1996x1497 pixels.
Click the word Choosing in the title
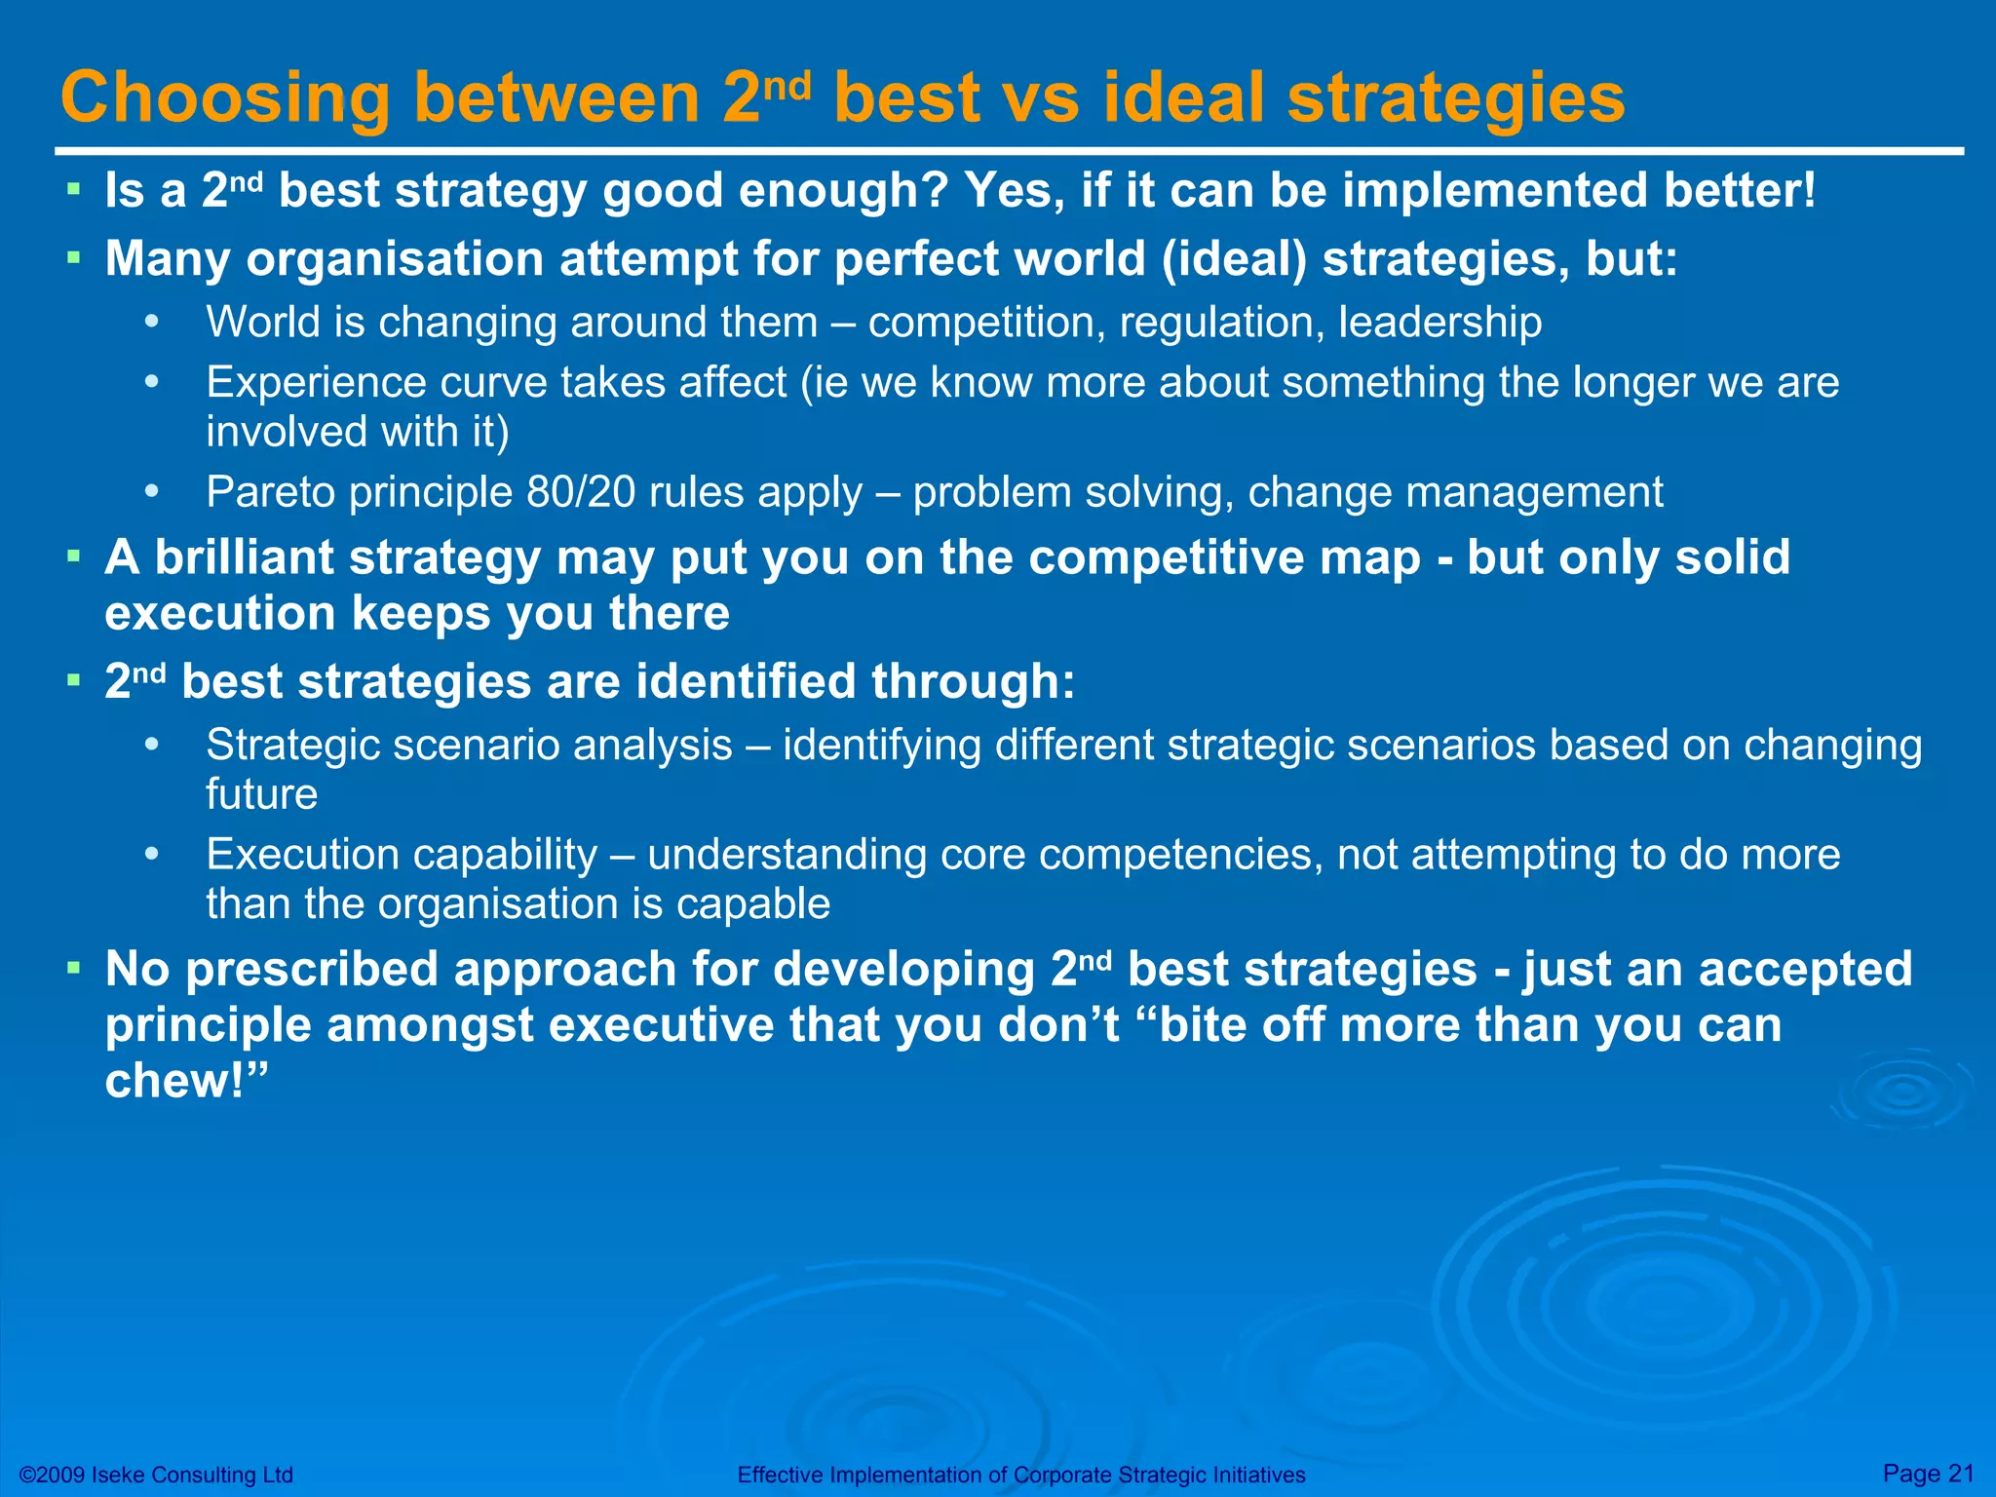coord(225,99)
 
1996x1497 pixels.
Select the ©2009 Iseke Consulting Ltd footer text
coord(156,1475)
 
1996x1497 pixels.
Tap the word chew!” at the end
coord(185,1081)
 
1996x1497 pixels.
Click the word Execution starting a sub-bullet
coord(304,855)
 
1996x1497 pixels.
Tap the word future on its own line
coord(261,794)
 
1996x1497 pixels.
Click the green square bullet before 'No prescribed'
coord(73,969)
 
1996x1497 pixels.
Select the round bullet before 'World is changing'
coord(151,323)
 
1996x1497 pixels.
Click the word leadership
coord(1439,323)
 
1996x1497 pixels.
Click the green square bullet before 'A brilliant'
coord(73,557)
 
